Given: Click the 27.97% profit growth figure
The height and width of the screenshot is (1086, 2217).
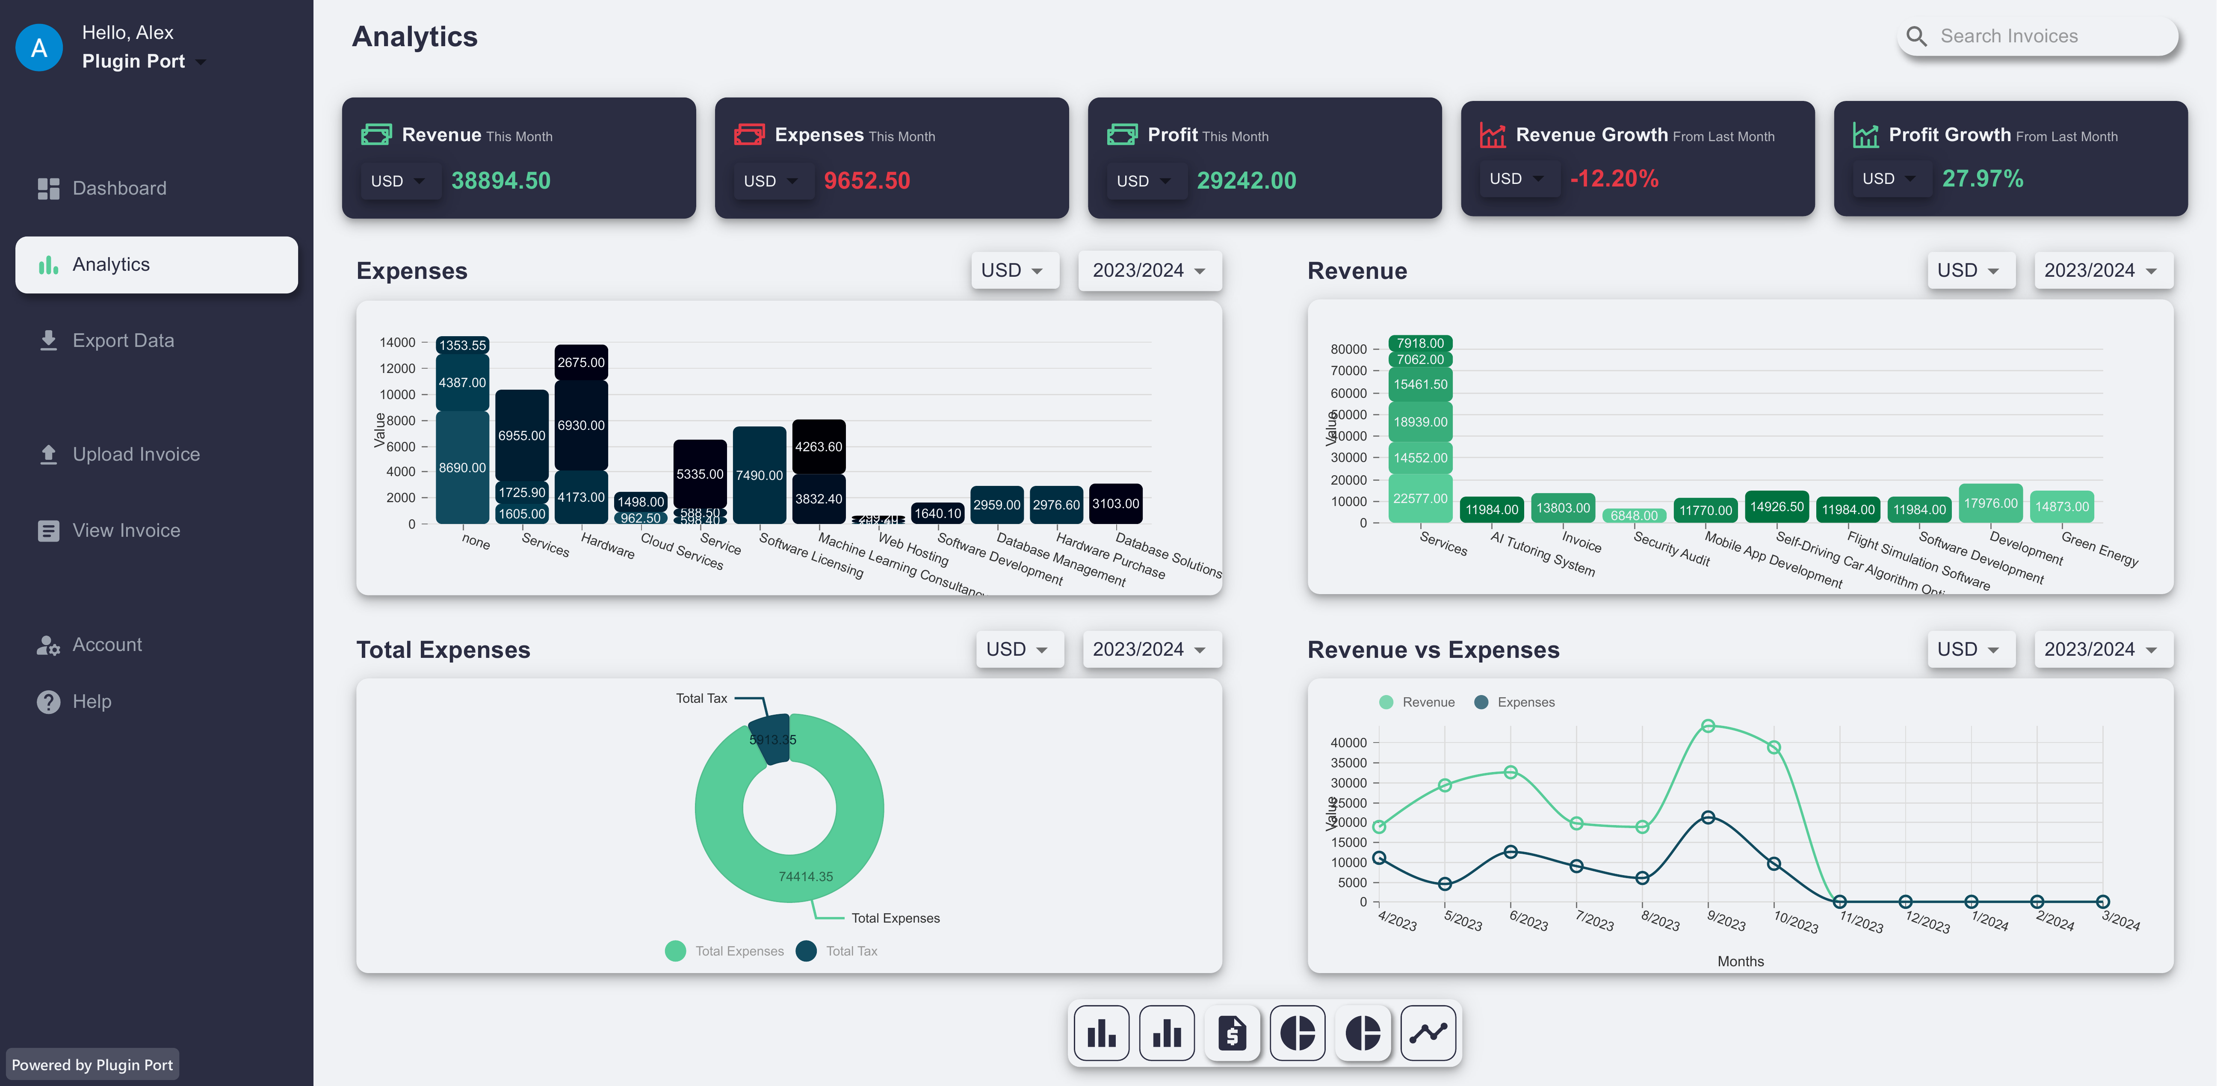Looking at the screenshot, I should point(1982,179).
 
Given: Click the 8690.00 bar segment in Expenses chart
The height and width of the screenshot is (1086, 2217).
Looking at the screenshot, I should point(462,467).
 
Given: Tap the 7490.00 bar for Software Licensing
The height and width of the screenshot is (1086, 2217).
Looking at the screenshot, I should point(759,475).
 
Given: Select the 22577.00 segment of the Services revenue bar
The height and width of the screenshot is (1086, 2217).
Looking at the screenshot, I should point(1420,498).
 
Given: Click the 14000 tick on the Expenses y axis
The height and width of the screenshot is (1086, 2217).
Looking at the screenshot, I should point(398,343).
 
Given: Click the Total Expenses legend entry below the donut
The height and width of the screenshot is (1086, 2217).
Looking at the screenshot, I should point(724,951).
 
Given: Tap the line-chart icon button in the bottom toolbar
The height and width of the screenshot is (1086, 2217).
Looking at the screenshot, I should point(1428,1033).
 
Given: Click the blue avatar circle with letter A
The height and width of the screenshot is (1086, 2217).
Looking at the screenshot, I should point(39,48).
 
